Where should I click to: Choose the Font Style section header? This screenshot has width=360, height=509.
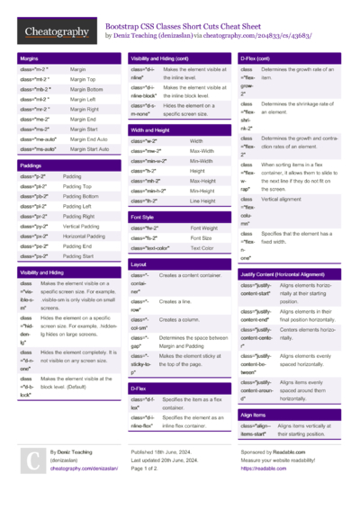click(x=143, y=217)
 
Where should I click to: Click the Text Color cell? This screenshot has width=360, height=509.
click(x=202, y=247)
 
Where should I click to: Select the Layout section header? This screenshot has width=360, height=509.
click(x=139, y=265)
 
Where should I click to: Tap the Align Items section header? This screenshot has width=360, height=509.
click(x=254, y=415)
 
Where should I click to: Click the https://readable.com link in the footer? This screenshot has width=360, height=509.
click(x=263, y=469)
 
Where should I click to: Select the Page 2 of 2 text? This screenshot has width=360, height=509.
click(x=149, y=469)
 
